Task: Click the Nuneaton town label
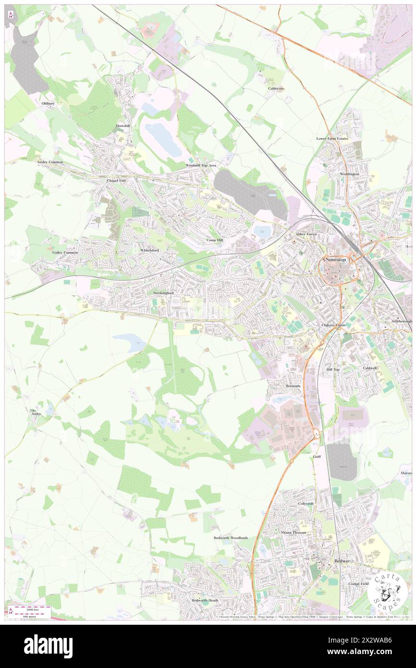click(336, 260)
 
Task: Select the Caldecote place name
click(276, 88)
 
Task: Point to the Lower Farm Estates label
click(332, 138)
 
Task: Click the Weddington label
click(349, 174)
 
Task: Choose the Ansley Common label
click(50, 162)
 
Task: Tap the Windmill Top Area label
click(201, 165)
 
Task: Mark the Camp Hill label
click(215, 240)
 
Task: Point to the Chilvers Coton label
click(333, 325)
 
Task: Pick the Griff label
click(317, 457)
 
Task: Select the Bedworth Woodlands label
click(231, 538)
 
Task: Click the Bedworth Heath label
click(205, 600)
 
